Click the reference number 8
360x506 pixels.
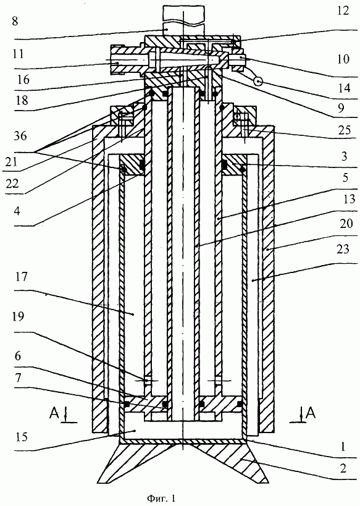[x=15, y=21]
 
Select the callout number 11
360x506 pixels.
[x=18, y=54]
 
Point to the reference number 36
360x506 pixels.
[x=20, y=136]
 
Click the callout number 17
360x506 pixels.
[x=21, y=277]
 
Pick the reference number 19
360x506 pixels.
[x=18, y=316]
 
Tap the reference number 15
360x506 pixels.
[x=21, y=437]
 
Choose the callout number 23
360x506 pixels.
[x=343, y=249]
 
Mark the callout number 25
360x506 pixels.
[x=344, y=130]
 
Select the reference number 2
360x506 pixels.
[x=343, y=468]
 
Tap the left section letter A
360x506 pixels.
[x=54, y=413]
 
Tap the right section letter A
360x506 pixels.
[x=311, y=413]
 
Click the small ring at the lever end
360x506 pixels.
[x=258, y=83]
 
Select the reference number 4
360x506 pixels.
[x=17, y=211]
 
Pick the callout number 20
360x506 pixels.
[x=346, y=223]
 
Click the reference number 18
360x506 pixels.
[x=21, y=100]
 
